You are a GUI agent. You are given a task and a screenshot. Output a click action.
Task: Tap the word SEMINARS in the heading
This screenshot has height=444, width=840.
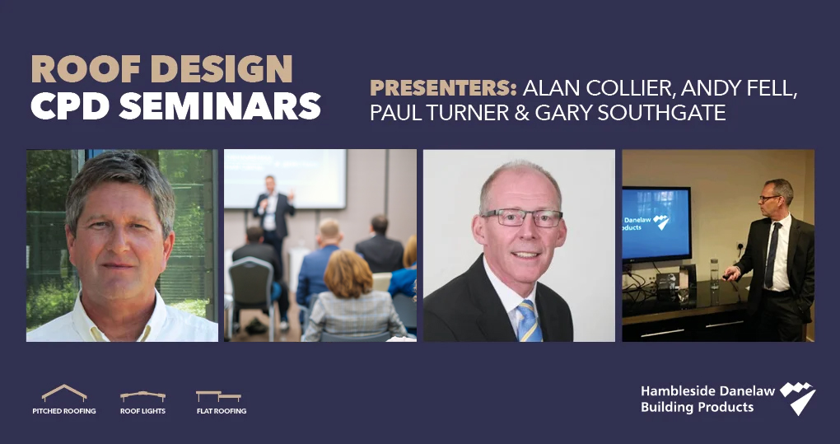pos(220,105)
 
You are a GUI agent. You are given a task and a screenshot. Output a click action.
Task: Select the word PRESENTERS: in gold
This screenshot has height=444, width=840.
pos(443,88)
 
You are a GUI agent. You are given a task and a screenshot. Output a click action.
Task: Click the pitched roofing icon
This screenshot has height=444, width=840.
pos(63,393)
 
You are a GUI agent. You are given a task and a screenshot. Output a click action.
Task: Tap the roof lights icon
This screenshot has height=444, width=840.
pos(142,396)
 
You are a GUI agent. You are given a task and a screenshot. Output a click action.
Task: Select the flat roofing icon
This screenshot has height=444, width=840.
pos(218,396)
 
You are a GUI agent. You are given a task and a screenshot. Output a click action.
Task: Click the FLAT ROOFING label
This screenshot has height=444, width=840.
pos(222,411)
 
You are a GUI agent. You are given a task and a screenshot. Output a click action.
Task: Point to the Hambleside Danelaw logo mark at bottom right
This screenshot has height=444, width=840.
pos(798,398)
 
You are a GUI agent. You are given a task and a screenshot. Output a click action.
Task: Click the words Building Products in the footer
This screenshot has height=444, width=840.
pos(697,407)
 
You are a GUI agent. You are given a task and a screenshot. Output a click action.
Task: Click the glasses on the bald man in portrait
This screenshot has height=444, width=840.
pos(522,217)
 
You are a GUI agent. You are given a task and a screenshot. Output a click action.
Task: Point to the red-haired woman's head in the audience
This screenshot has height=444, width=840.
pos(348,273)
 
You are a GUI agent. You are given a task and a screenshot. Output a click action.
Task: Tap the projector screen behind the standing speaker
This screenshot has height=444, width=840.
pos(285,179)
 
